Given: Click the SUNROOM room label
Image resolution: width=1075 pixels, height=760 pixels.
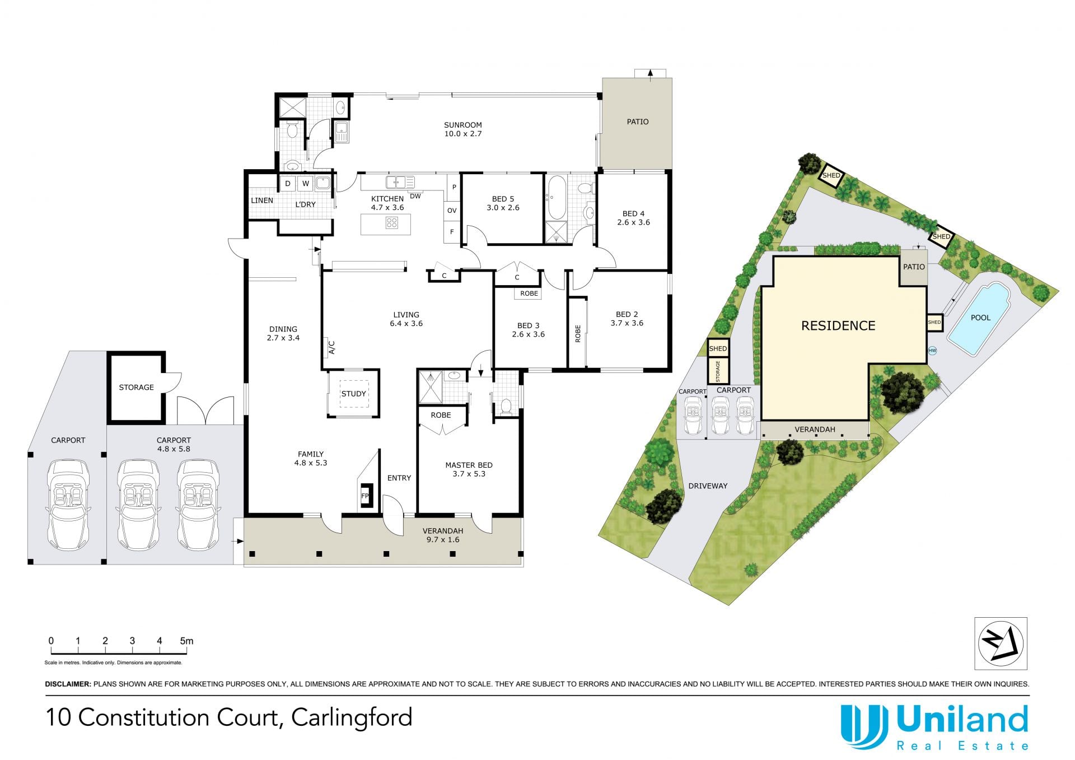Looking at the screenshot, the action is pos(463,125).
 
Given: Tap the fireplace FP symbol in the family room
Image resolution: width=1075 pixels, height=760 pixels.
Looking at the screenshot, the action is pos(366,496).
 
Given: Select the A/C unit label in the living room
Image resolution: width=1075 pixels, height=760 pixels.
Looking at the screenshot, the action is pos(331,347).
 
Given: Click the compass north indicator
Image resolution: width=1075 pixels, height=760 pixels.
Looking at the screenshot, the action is pos(1001,644).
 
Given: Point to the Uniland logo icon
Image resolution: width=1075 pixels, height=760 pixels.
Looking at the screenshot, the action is pos(864,726).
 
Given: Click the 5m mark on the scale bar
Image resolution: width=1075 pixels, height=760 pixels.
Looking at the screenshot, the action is pos(187,641).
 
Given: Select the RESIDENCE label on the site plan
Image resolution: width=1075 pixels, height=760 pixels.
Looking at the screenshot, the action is pos(838,325).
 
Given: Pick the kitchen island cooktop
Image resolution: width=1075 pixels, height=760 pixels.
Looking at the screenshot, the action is pos(391,223).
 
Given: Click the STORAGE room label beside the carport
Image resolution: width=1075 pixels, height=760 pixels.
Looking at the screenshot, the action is pos(136,387).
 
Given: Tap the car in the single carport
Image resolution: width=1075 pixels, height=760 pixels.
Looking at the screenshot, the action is pos(68,505).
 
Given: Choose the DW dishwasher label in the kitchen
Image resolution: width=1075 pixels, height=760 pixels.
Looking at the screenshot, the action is pos(415,196).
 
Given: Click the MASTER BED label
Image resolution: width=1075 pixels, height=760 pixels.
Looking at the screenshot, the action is pos(469,465).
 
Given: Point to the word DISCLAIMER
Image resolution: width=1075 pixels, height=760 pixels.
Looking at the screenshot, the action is pos(68,684).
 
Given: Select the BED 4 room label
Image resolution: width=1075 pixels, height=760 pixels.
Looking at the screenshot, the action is pos(633,213).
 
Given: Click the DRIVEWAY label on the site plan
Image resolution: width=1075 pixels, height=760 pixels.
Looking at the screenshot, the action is pos(708,486).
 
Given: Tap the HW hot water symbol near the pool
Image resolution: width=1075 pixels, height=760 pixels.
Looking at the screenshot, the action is pos(932,351).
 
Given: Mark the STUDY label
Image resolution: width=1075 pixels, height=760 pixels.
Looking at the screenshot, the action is pos(354,394).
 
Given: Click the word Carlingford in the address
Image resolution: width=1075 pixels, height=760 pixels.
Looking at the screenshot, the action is pos(352,718).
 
